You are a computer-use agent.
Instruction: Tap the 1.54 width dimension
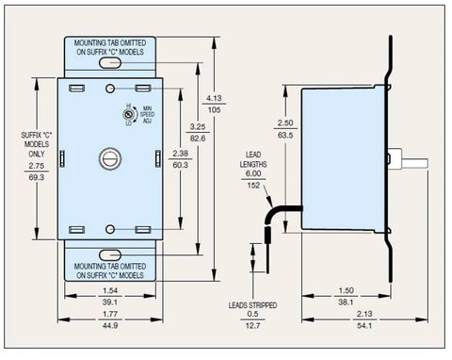click(x=110, y=292)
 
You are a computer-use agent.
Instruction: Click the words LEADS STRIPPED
click(x=251, y=306)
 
